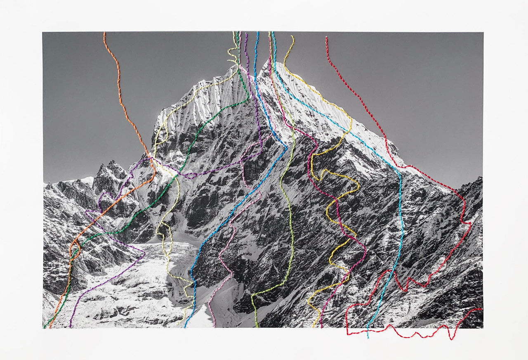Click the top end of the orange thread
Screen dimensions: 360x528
[x=104, y=33]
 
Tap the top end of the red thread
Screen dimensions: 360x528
[x=326, y=38]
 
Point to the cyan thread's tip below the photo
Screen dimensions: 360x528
[x=368, y=338]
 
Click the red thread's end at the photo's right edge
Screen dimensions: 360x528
[x=481, y=309]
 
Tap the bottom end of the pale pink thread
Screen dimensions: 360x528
[x=214, y=326]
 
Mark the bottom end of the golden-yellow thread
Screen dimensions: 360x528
[x=313, y=326]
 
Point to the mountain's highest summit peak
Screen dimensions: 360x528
[x=272, y=63]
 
